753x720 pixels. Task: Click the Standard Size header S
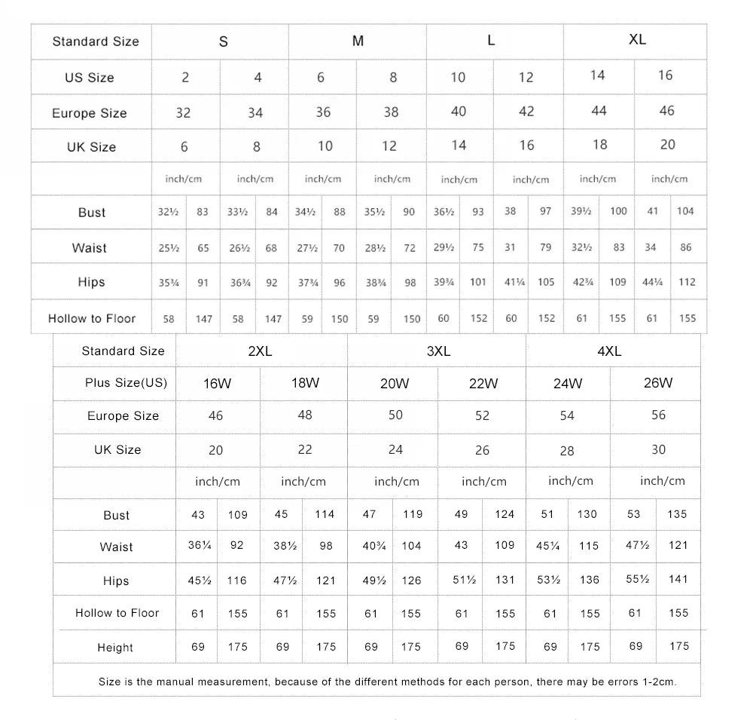point(223,42)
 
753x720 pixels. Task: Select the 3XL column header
point(437,351)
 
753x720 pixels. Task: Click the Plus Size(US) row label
point(126,383)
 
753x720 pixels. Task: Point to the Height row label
point(115,648)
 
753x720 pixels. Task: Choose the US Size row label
point(90,78)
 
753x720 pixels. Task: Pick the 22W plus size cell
point(483,383)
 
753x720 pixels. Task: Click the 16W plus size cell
point(217,384)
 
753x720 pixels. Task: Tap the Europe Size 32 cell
point(183,113)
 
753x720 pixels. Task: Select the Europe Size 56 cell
point(658,415)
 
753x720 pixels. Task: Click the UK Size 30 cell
point(658,449)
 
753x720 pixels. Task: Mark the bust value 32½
point(168,212)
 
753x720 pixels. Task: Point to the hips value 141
point(678,579)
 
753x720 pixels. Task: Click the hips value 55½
point(637,579)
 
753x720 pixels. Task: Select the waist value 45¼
point(547,545)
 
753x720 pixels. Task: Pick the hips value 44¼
point(652,282)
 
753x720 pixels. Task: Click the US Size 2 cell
point(185,78)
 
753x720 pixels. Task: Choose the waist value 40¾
point(374,545)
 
